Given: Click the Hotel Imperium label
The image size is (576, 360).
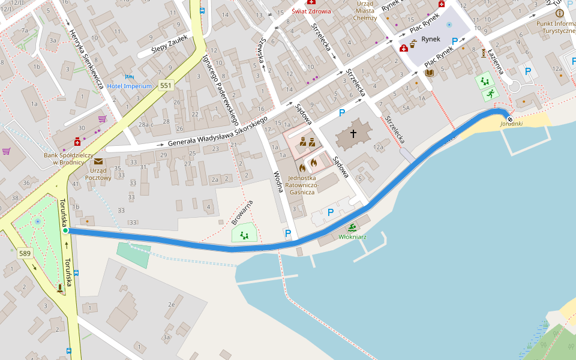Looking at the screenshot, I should tap(130, 86).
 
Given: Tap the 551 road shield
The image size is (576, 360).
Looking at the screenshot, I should tap(166, 86).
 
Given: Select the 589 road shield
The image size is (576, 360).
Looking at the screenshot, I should tap(25, 254).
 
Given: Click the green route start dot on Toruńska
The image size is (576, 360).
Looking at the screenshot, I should tap(65, 230).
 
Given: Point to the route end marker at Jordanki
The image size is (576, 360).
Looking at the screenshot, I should tap(509, 119).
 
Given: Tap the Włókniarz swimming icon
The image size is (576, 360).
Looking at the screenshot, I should tap(352, 227).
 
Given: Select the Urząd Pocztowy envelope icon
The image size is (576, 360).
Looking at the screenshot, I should tap(98, 161).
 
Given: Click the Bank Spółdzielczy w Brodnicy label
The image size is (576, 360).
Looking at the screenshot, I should tap(68, 158).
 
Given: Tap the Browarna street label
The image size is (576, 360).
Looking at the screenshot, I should tap(242, 212).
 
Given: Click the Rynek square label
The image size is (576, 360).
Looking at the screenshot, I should tap(431, 39).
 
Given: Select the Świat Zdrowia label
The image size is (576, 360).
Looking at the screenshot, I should tap(311, 11).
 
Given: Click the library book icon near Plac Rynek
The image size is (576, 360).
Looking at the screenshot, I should tap(430, 73).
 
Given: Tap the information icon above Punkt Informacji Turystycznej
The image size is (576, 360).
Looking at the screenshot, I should tap(559, 13).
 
